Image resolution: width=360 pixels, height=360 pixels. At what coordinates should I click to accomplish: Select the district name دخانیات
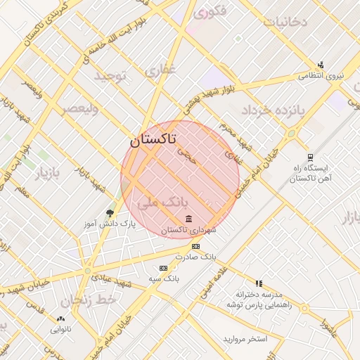tap(285, 21)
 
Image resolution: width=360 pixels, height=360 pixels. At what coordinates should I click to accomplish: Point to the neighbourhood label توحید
tap(109, 75)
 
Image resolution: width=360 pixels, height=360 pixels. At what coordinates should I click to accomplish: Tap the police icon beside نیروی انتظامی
tap(321, 65)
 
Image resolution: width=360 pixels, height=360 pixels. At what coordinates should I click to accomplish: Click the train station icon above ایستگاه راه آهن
tap(310, 157)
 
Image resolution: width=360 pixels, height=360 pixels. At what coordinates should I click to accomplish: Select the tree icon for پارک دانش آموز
tap(109, 212)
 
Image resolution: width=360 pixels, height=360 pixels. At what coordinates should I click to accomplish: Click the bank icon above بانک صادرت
tap(195, 246)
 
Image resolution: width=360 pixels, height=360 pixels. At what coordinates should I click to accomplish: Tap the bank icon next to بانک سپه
tap(164, 268)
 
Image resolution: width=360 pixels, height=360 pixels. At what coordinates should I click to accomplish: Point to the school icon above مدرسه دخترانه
tap(259, 283)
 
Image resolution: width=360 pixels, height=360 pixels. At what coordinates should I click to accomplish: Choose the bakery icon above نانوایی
tap(59, 318)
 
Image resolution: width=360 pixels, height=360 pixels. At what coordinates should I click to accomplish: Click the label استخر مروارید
tap(245, 339)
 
